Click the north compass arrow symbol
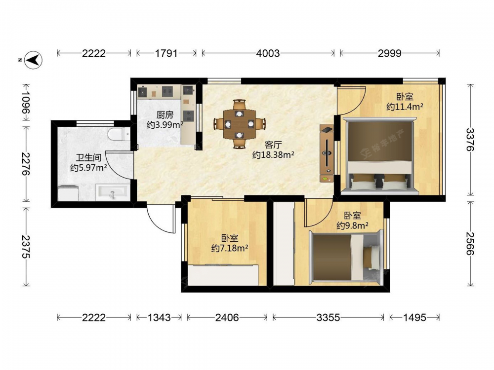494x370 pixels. tap(34, 60)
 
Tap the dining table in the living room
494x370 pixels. tap(240, 124)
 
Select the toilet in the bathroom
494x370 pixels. tap(119, 134)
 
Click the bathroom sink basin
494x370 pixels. tap(113, 192)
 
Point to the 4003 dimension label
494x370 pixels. tap(268, 53)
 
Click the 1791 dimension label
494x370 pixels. tap(166, 53)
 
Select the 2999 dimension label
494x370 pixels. tap(390, 53)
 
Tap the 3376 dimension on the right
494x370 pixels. tap(470, 140)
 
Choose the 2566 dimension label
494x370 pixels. tap(470, 244)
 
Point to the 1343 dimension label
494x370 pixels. tap(159, 317)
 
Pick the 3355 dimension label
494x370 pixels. tap(329, 317)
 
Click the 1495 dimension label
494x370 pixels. tap(414, 317)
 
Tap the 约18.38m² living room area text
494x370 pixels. tap(273, 154)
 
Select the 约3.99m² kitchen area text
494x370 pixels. tap(165, 125)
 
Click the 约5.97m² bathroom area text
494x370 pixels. tap(88, 167)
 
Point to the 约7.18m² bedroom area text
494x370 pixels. tap(230, 248)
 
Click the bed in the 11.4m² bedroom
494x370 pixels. tap(380, 156)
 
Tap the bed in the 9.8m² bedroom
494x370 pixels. tap(346, 257)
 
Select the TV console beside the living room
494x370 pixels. tap(327, 153)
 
